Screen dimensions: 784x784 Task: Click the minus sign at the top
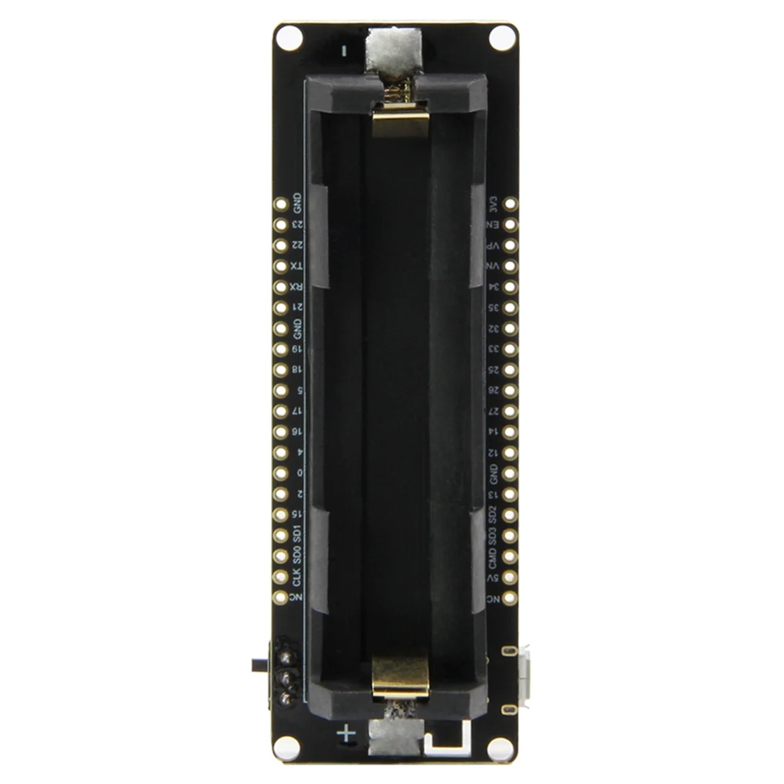[x=346, y=50]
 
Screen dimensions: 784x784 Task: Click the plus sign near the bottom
[x=346, y=734]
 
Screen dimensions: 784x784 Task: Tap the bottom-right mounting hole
[x=500, y=747]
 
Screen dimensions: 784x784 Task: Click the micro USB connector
[x=524, y=679]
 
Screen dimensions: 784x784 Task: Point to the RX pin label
[x=297, y=287]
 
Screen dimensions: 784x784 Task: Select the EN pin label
[x=493, y=224]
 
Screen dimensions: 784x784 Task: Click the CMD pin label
[x=493, y=557]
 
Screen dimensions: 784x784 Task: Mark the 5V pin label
[x=493, y=578]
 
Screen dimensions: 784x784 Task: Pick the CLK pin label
[x=297, y=578]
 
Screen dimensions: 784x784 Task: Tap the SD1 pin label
[x=297, y=535]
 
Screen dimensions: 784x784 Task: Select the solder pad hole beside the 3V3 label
[x=510, y=203]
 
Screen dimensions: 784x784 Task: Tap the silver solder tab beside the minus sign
[x=392, y=48]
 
